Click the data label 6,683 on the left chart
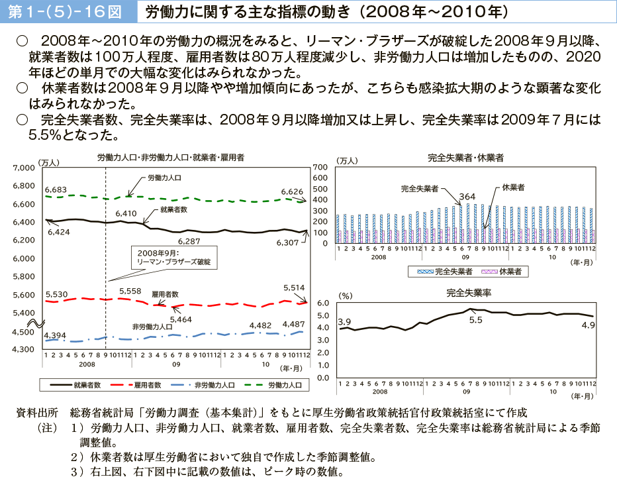pos(56,190)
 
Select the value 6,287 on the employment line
pos(189,241)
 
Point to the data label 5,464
pos(181,319)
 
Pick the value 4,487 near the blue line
pos(293,324)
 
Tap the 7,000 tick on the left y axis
pos(24,168)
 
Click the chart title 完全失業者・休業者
pos(465,158)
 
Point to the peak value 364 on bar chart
pos(467,196)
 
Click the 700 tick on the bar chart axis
pos(320,167)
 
